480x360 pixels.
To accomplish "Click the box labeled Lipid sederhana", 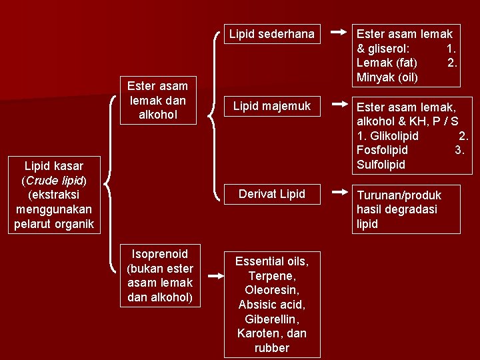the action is (x=271, y=33).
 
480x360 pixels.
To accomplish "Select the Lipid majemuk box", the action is (x=271, y=106).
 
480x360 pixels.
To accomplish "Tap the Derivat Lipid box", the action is (x=273, y=194).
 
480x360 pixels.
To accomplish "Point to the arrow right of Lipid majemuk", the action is (x=339, y=105).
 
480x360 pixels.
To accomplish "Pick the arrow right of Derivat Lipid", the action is (x=339, y=194).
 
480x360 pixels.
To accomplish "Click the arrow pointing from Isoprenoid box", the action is (x=215, y=275).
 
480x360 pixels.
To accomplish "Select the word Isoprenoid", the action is (x=160, y=254).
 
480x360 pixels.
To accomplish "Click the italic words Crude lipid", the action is (x=54, y=180).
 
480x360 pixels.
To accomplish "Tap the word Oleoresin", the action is (x=271, y=290).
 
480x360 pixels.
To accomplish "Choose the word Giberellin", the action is (x=273, y=319).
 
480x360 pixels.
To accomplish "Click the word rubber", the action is (x=272, y=348).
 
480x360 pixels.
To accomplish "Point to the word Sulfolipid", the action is (x=381, y=165).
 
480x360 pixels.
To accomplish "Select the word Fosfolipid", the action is (x=382, y=150).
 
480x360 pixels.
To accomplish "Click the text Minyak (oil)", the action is (x=387, y=77).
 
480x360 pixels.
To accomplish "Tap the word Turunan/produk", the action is (x=399, y=195).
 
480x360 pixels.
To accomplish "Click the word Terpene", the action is (x=271, y=276).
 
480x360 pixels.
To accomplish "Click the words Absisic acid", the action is (x=271, y=305).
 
